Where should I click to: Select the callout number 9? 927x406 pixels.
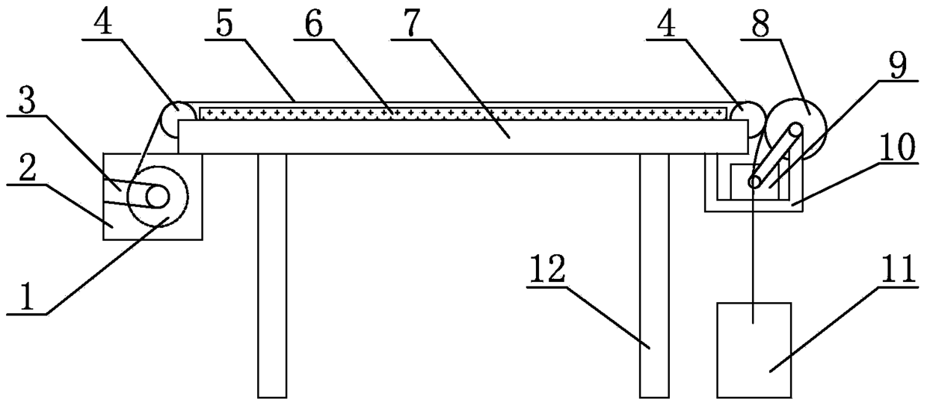click(x=897, y=66)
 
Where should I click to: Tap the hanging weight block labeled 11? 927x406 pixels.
click(x=754, y=349)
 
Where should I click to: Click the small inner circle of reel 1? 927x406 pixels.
click(x=158, y=197)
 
